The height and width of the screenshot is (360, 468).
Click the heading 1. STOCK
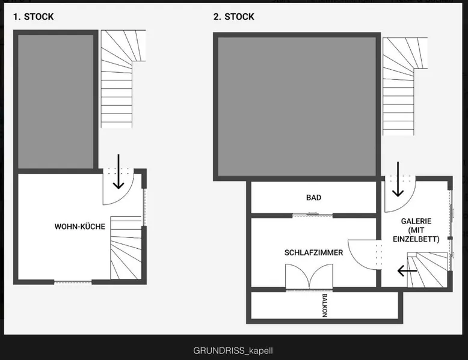[34, 17]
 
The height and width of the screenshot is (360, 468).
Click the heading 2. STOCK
[234, 17]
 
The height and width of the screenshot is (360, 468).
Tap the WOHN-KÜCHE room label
[79, 227]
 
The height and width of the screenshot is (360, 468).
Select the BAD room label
[313, 198]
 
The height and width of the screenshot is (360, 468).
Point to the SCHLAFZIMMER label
[313, 252]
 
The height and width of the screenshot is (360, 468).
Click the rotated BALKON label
[325, 305]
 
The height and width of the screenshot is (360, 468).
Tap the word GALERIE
[416, 221]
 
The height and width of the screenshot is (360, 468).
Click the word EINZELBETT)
[416, 239]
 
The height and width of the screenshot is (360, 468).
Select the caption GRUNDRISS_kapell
[233, 350]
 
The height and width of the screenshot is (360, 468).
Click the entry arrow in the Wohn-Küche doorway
[119, 171]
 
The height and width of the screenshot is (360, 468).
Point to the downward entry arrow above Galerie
[398, 179]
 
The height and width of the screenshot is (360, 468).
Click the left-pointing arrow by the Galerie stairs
[407, 271]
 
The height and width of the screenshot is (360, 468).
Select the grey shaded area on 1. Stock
[56, 102]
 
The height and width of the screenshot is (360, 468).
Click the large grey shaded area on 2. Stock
[297, 106]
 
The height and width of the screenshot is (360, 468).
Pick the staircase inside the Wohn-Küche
[126, 248]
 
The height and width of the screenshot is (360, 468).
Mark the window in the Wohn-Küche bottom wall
[73, 282]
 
